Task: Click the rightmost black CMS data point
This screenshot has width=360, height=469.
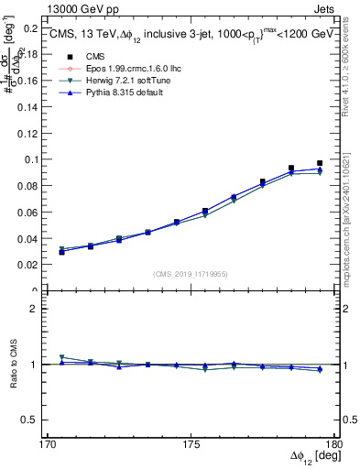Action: (x=320, y=163)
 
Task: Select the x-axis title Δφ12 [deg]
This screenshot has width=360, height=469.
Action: (x=312, y=457)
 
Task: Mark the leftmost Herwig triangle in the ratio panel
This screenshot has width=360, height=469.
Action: (x=61, y=357)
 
